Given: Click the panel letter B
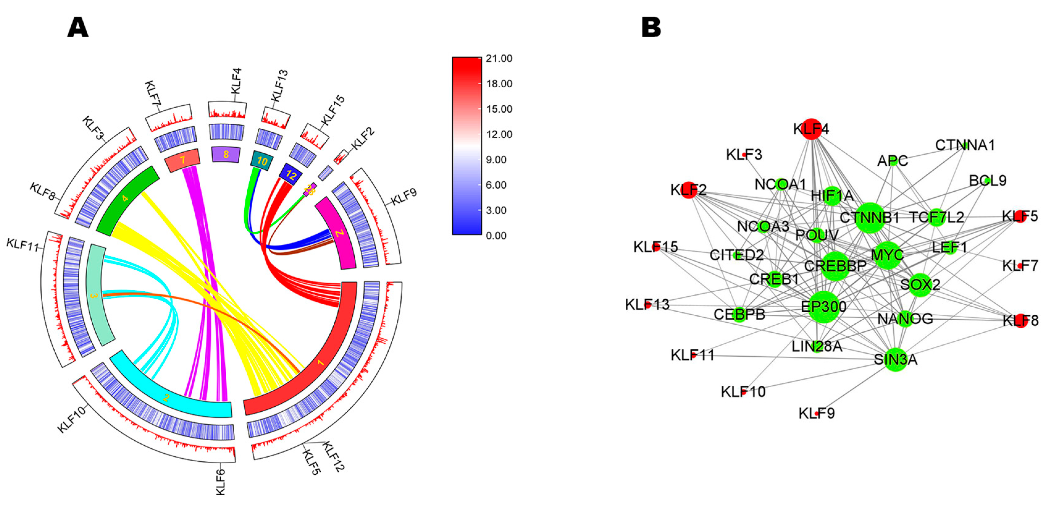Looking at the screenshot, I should (651, 28).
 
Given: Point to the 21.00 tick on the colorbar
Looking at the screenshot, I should (499, 59).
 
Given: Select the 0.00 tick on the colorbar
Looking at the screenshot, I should (496, 236).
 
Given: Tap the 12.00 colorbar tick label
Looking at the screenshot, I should (499, 135).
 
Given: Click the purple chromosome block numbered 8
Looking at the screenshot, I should (226, 155).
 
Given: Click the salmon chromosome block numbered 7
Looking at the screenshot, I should (183, 160).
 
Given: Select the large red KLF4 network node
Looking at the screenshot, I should (811, 129).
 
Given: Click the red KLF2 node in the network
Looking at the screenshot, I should (688, 190).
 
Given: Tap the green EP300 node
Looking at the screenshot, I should (824, 306).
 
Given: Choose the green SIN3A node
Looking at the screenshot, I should (896, 359).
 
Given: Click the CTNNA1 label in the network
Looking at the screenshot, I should (965, 145).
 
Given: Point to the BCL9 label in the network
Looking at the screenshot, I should (987, 181).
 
